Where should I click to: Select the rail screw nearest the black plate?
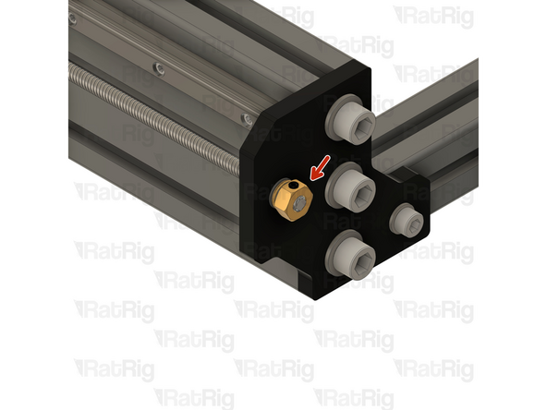247,118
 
